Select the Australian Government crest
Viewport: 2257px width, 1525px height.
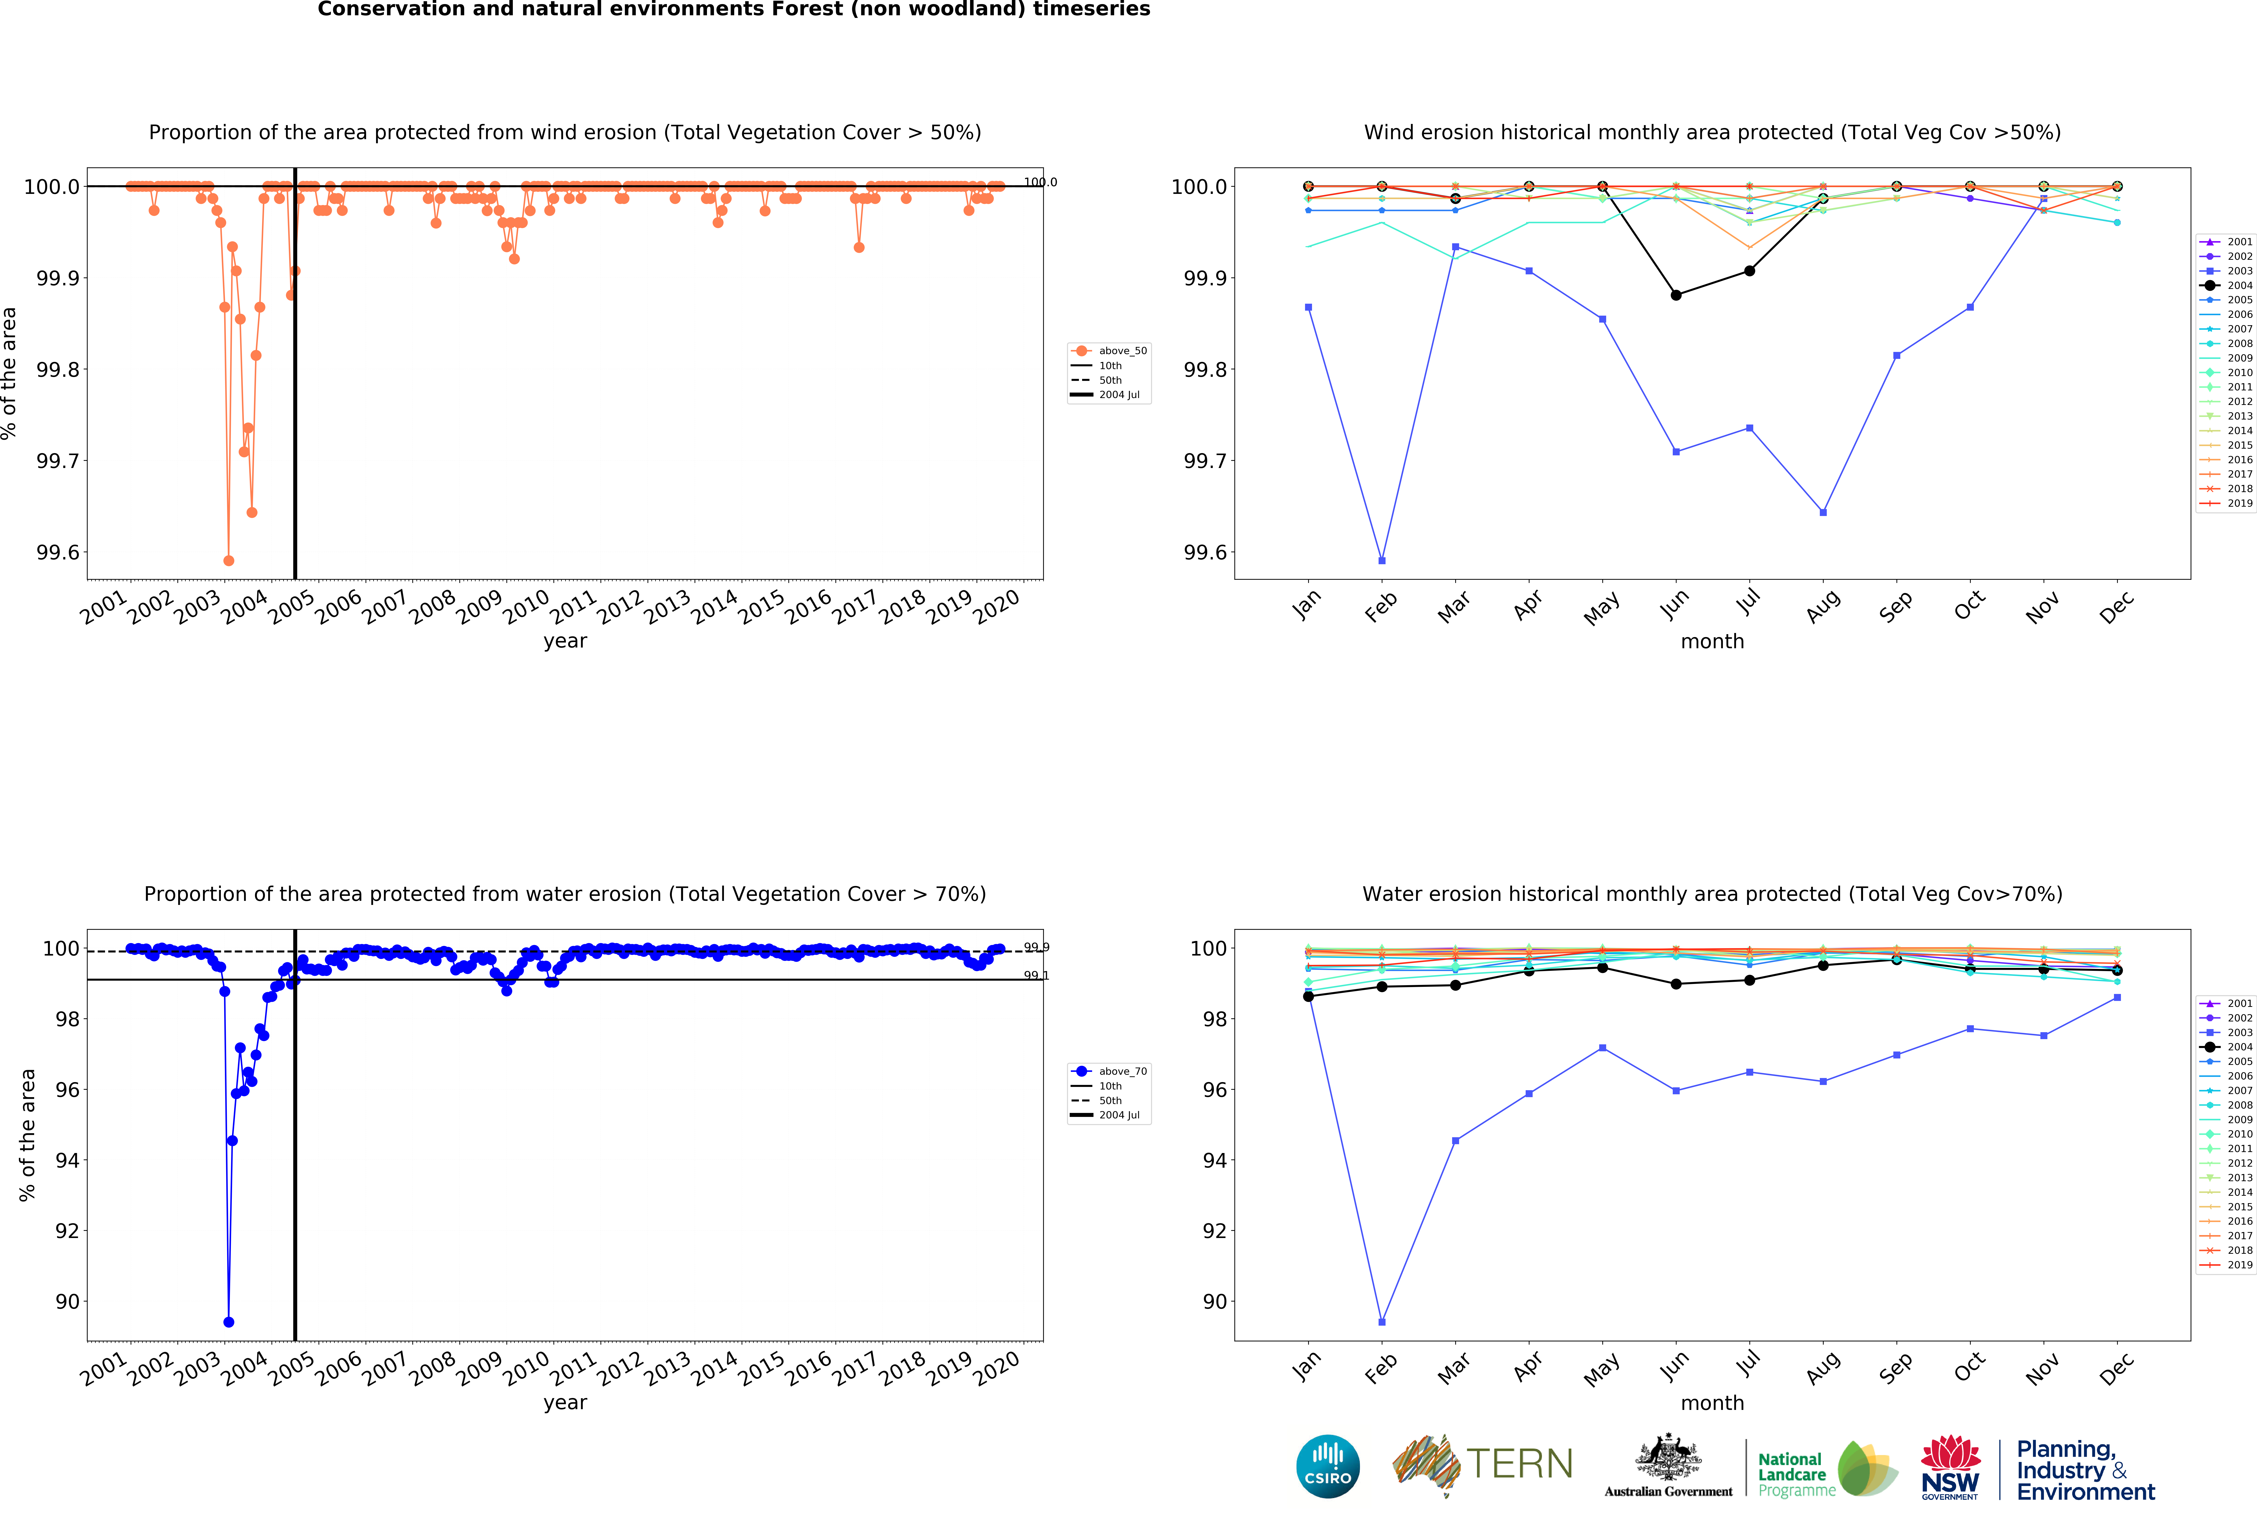pos(1668,1457)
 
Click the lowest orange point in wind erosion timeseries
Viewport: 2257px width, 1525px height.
pos(228,560)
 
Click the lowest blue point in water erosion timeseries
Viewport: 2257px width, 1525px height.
pos(228,1322)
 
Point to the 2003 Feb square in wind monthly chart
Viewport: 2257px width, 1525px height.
pos(1382,560)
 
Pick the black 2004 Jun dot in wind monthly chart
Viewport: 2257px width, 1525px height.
pos(1676,295)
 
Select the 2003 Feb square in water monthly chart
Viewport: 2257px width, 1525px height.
pos(1382,1322)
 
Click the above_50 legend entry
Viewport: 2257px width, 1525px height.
pos(1122,351)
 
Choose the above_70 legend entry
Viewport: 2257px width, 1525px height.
pos(1122,1071)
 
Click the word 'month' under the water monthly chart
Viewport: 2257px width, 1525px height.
pos(1712,1403)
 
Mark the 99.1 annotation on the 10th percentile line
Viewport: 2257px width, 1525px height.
pos(1036,975)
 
